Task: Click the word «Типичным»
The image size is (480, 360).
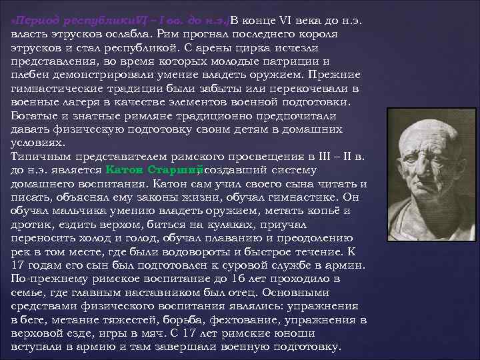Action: tap(39, 156)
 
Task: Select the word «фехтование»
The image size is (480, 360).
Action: tap(221, 319)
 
